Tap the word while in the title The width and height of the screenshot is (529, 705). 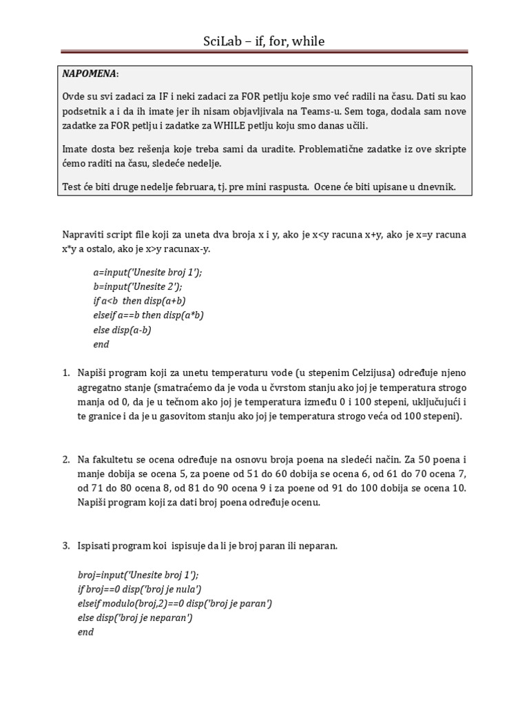pos(308,42)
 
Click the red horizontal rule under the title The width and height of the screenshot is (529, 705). pos(264,51)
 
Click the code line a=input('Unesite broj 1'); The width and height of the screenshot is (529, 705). pos(148,272)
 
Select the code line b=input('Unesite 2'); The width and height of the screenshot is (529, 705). pos(138,286)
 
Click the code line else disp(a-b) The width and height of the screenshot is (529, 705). pos(122,330)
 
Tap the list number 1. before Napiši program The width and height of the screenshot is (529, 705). pos(66,373)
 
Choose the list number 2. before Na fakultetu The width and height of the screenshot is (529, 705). pos(66,460)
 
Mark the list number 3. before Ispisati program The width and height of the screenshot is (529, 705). pos(66,546)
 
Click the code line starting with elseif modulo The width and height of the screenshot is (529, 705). pos(175,603)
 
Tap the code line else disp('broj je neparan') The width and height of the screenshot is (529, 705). pos(135,618)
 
